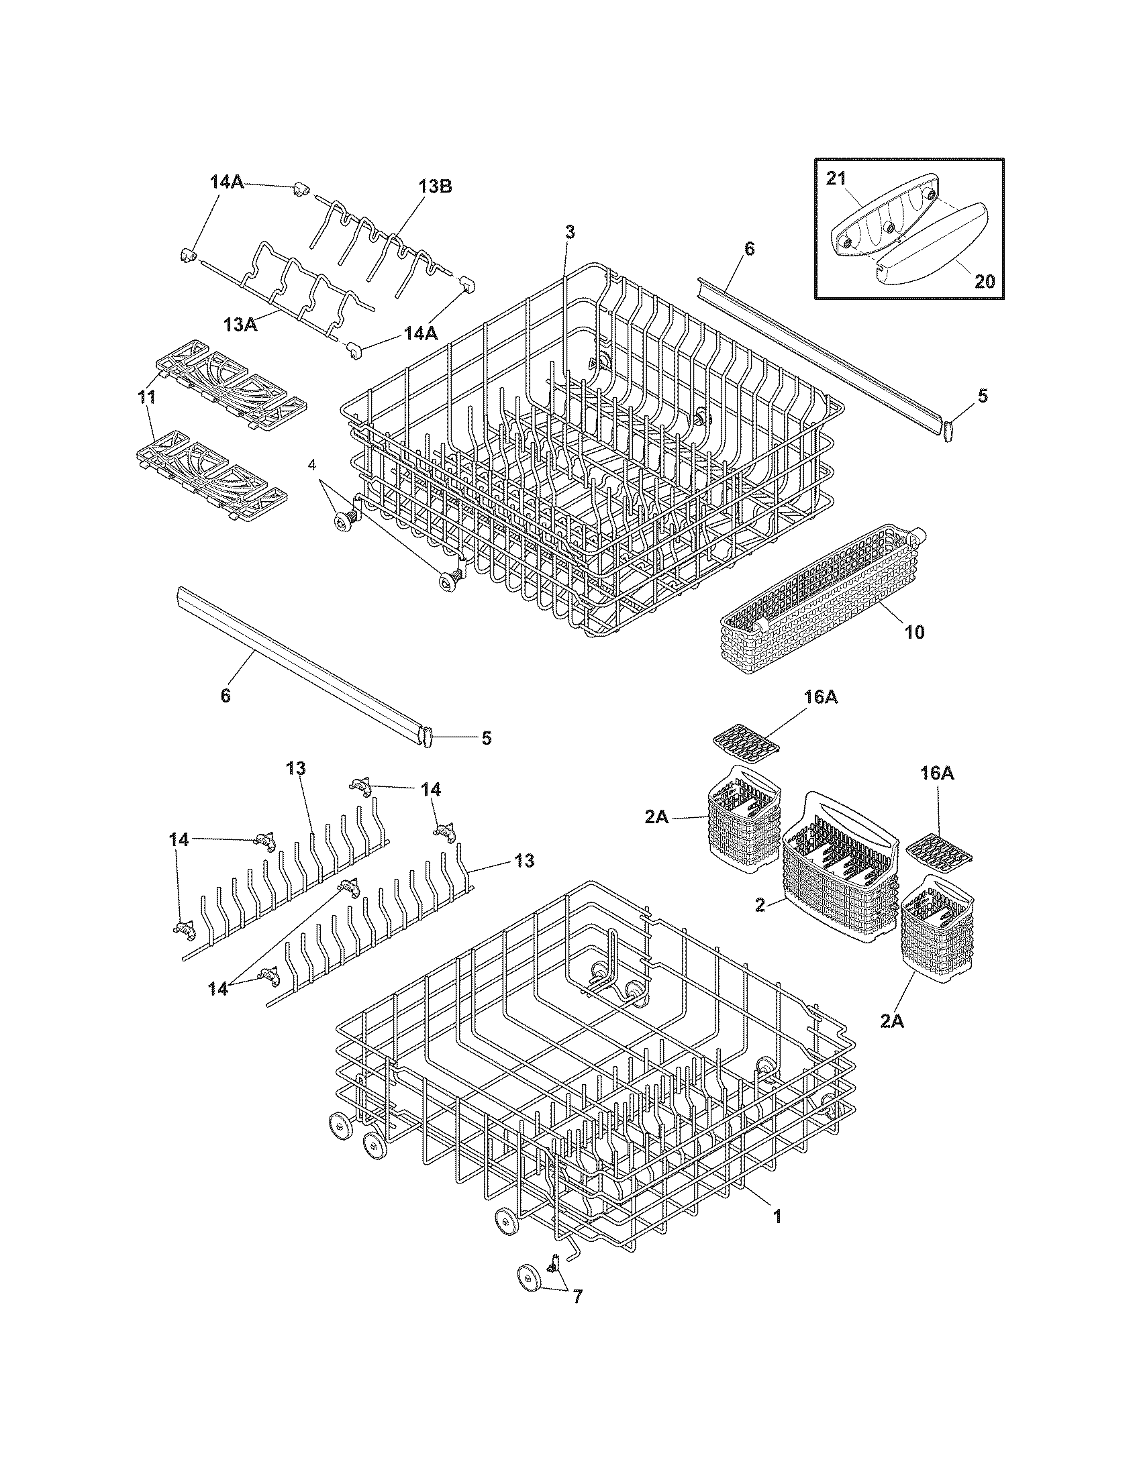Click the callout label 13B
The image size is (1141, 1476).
[x=435, y=187]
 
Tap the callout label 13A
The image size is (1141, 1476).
[x=242, y=325]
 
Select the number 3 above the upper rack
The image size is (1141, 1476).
[x=570, y=233]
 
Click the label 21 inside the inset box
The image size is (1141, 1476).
[x=836, y=179]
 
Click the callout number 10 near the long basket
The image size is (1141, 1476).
[x=914, y=632]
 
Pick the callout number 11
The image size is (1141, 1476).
[x=146, y=397]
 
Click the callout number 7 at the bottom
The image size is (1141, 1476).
[x=577, y=1297]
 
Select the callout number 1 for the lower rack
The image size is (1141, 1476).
[x=777, y=1216]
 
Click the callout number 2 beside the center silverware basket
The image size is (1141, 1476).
[x=760, y=905]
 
